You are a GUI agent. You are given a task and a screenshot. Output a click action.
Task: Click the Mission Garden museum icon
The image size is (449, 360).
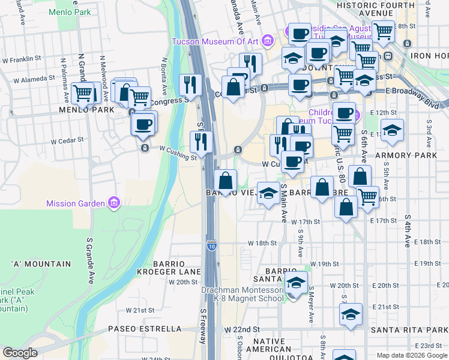click(x=113, y=203)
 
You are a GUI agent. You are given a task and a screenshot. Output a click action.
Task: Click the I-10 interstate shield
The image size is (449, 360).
click(x=211, y=246)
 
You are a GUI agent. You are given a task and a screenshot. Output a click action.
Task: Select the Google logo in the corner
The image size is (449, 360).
click(x=20, y=353)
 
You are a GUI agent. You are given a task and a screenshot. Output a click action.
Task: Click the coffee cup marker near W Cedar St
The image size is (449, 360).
click(x=143, y=124)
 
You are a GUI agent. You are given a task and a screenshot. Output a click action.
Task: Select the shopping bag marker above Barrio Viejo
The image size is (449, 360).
click(x=225, y=181)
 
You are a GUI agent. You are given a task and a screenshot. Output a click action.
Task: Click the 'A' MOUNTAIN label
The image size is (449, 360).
click(x=41, y=264)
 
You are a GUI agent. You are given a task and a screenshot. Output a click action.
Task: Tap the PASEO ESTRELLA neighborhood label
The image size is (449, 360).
click(x=145, y=329)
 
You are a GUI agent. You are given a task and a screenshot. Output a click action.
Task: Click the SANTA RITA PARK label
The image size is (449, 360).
click(x=409, y=330)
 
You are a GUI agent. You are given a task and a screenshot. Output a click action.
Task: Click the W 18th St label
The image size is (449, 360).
click(x=262, y=243)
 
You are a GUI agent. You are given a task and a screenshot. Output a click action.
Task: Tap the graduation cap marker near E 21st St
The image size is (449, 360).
click(x=350, y=314)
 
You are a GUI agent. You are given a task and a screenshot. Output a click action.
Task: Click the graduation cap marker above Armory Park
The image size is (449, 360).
click(x=392, y=130)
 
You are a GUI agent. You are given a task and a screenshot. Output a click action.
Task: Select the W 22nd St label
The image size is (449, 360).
click(x=243, y=329)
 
